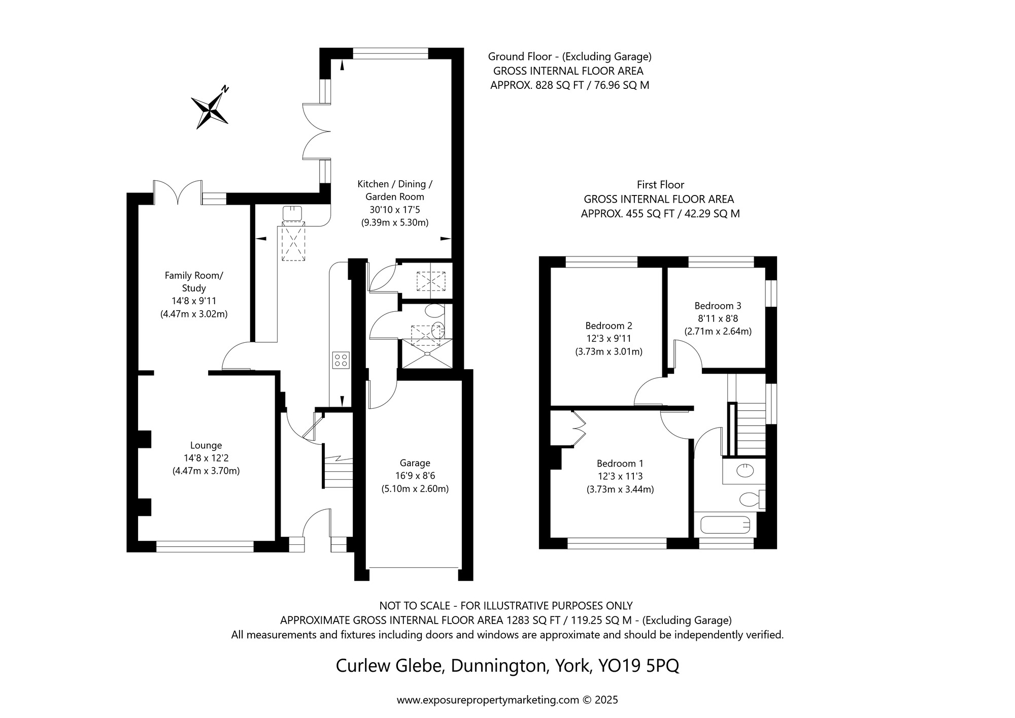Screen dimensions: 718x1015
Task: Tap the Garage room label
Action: (415, 463)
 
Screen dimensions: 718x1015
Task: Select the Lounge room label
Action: (206, 445)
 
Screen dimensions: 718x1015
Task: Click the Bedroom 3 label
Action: (718, 306)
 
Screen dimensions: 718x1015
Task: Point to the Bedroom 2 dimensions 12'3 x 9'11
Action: (608, 339)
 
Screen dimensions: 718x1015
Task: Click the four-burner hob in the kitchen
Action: (341, 360)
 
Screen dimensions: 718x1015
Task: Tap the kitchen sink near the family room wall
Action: (292, 213)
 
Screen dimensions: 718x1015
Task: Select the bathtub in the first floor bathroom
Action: (725, 525)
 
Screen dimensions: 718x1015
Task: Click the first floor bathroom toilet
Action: (750, 499)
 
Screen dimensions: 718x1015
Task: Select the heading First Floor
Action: (660, 185)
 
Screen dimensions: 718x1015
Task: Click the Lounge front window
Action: (205, 546)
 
